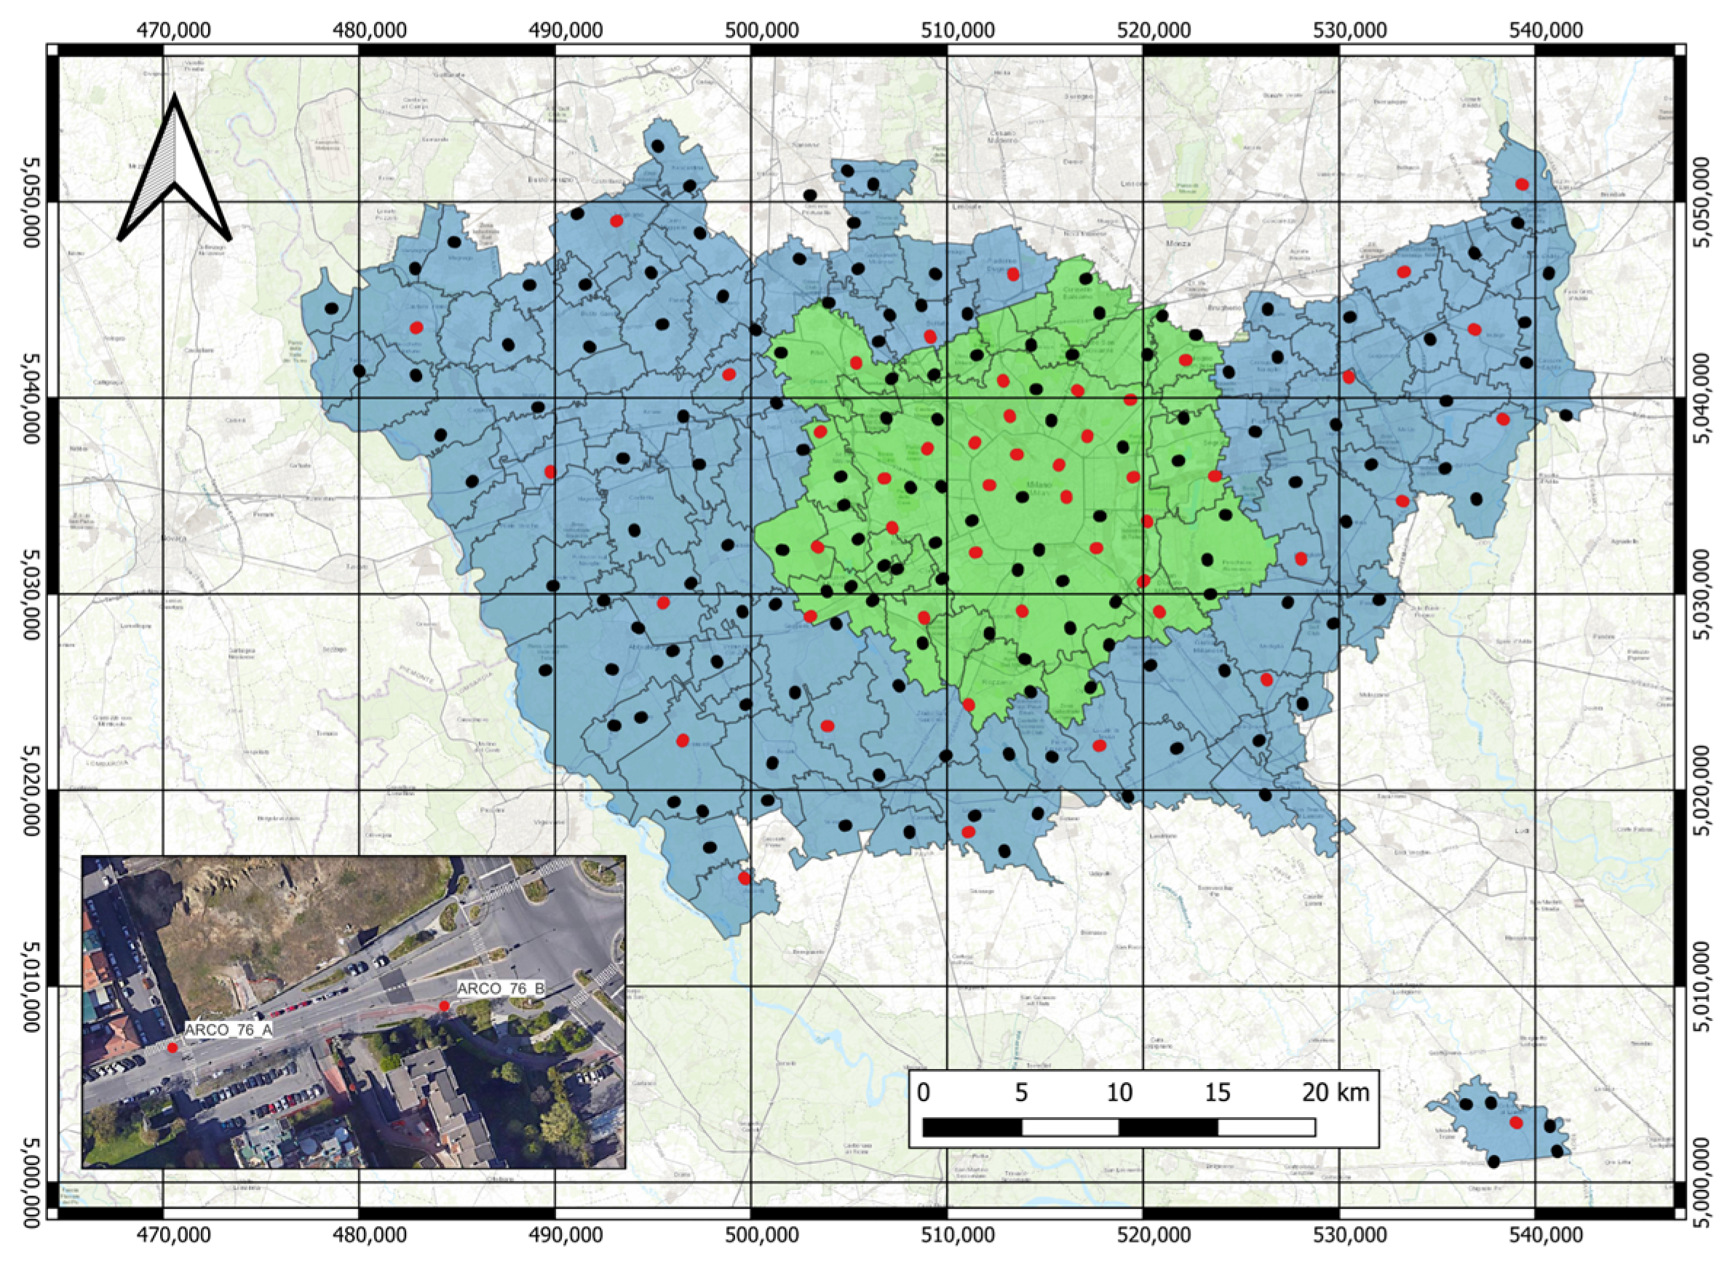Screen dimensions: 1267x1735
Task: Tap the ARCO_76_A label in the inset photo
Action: (229, 1030)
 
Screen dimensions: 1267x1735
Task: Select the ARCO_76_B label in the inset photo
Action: (501, 988)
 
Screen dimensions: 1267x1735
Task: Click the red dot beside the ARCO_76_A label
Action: (172, 1048)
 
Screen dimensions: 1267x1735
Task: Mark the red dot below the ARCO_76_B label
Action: (444, 1006)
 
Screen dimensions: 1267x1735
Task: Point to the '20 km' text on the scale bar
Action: (1335, 1092)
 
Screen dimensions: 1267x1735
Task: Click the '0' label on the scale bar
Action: (923, 1092)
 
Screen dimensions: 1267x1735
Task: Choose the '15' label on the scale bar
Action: (1218, 1092)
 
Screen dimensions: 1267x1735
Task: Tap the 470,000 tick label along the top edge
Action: (162, 30)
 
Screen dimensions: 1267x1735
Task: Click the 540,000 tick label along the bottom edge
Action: (1536, 1237)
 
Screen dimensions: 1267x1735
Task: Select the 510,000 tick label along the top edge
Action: (948, 30)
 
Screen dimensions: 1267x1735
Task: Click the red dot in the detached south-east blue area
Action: (1516, 1123)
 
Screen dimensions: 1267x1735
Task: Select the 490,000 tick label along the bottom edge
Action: (555, 1237)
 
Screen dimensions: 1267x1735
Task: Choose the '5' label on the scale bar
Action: (1021, 1092)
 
